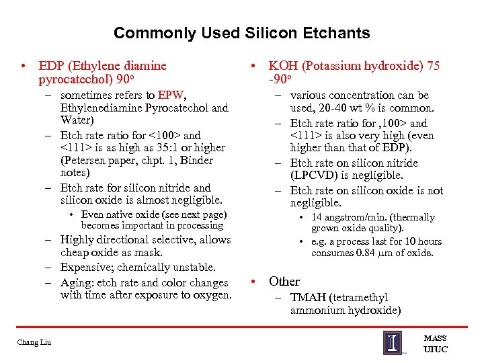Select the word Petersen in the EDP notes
(x=82, y=161)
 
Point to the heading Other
(x=284, y=281)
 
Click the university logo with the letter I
(x=393, y=342)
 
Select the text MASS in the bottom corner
(x=435, y=338)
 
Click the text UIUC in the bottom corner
(x=435, y=350)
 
